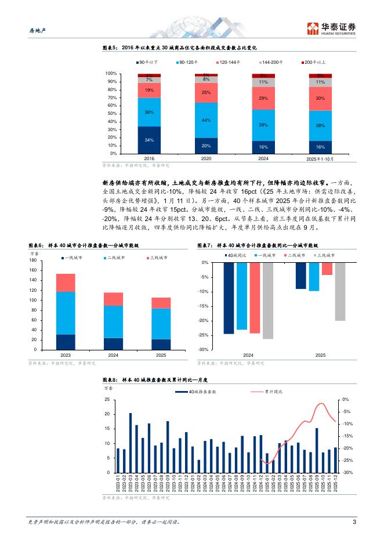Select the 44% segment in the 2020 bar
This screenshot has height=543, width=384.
coord(205,120)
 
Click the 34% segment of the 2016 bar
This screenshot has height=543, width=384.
coord(149,140)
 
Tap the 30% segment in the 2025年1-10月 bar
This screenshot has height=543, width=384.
coord(320,99)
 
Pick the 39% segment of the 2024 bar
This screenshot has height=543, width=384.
coord(263,125)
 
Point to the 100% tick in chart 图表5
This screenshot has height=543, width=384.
coord(111,74)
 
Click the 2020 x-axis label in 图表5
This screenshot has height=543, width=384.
coord(206,158)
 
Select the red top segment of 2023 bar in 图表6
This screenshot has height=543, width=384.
coord(66,283)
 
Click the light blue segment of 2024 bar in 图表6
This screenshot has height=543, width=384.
coord(113,321)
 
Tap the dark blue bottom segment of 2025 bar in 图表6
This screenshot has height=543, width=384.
coord(161,344)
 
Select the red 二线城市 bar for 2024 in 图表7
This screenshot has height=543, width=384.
coord(255,298)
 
